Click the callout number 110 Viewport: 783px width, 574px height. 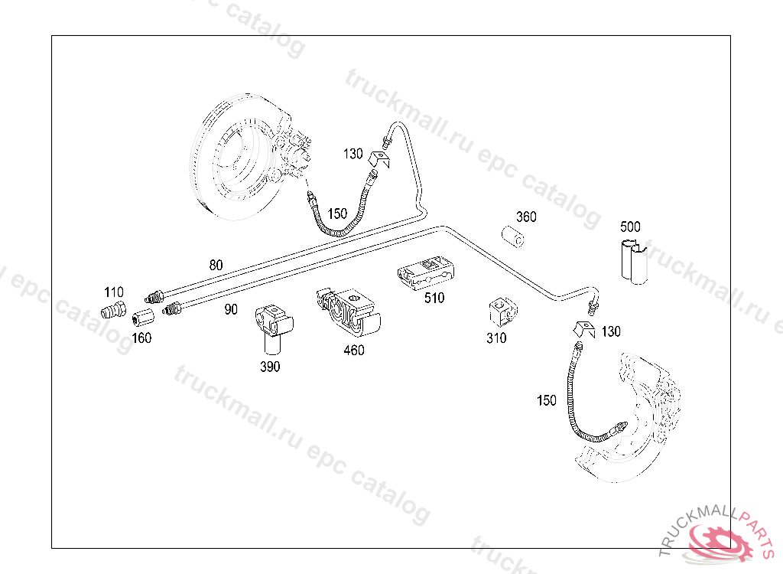pyautogui.click(x=113, y=292)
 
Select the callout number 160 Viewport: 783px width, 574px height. pyautogui.click(x=141, y=338)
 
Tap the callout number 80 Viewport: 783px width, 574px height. pyautogui.click(x=216, y=266)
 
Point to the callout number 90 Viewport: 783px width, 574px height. pyautogui.click(x=231, y=310)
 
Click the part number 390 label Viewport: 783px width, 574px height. pyautogui.click(x=270, y=366)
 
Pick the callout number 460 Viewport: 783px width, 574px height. pyautogui.click(x=353, y=350)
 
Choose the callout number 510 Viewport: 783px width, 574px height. pyautogui.click(x=434, y=298)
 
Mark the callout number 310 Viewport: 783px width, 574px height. pyautogui.click(x=496, y=338)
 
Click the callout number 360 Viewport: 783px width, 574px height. pyautogui.click(x=526, y=217)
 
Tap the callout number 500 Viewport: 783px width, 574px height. pyautogui.click(x=630, y=227)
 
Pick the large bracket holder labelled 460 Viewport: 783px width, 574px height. pyautogui.click(x=348, y=311)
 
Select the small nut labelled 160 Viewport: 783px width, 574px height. pyautogui.click(x=141, y=318)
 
